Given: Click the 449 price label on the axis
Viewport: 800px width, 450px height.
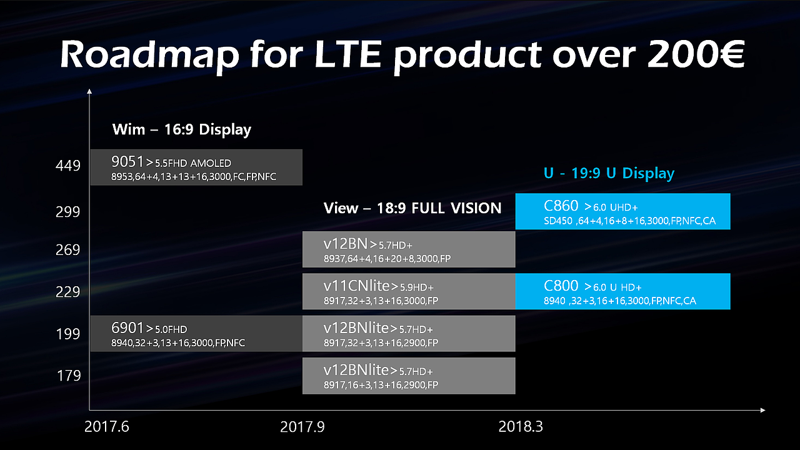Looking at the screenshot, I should coord(67,166).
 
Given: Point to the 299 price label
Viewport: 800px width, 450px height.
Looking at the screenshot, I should coord(67,212).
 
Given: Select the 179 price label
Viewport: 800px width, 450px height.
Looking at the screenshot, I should coord(69,376).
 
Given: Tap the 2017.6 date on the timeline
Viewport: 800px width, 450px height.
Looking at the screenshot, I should coord(106,427).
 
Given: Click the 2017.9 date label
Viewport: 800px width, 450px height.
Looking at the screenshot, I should coord(302,427).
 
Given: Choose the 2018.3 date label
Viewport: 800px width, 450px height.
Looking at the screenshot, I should coord(521,427).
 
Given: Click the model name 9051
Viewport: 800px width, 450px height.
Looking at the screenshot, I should coord(127,162).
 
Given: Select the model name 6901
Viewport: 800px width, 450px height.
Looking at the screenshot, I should coord(127,327).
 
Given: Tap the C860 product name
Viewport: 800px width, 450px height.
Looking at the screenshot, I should coord(561,206).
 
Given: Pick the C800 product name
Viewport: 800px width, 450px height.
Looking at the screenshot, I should coord(561,286).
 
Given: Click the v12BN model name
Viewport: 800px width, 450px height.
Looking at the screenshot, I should coord(346,244).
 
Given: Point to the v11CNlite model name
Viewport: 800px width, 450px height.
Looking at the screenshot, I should coord(356,286).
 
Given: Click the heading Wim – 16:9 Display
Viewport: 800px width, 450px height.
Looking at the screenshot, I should coord(181,130).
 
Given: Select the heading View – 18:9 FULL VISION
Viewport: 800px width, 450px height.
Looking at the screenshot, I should coord(412,208).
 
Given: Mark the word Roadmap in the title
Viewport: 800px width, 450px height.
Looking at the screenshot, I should coord(149,56).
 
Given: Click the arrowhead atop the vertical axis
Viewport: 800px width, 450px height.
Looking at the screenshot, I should coord(90,91).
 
